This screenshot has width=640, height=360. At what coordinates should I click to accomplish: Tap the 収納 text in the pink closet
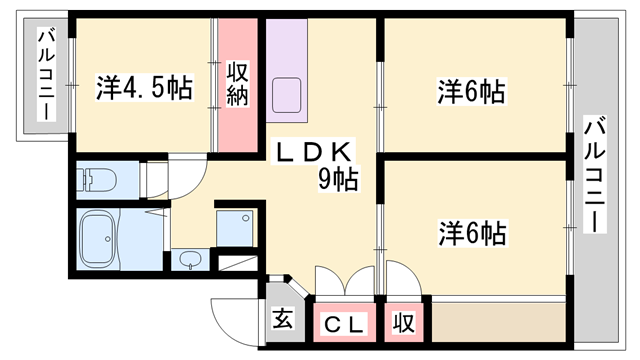[237, 86]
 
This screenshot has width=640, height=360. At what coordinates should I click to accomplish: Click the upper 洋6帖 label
[471, 92]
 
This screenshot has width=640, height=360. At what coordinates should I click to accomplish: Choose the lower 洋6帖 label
[471, 233]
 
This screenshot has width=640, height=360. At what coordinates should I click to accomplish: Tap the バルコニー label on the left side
[46, 76]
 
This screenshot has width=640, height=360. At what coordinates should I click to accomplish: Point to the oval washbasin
[190, 262]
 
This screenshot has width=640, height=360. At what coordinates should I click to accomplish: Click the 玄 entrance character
[284, 321]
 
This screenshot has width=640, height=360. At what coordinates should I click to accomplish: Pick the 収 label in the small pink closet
[403, 323]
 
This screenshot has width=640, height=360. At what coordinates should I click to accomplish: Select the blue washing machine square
[238, 229]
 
